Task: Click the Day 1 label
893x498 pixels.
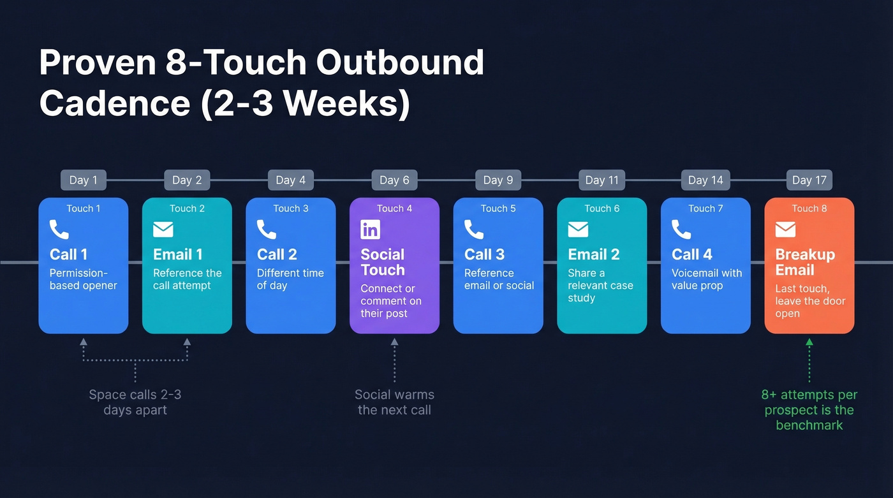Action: (83, 180)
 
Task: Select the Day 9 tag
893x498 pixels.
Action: (498, 180)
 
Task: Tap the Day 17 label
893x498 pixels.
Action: (809, 180)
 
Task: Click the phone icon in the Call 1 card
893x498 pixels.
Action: (59, 230)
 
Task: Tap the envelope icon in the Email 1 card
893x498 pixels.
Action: (163, 230)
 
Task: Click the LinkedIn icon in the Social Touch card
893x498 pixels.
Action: (370, 230)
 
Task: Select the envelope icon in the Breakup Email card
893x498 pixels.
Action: (785, 230)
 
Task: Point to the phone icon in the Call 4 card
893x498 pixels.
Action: (681, 230)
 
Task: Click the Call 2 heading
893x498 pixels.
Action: (277, 254)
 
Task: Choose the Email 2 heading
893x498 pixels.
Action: (593, 254)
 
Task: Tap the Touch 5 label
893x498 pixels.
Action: (498, 209)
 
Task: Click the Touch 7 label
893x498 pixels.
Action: (705, 209)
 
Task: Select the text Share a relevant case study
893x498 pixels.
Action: (600, 285)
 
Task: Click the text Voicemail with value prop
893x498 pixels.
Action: (706, 279)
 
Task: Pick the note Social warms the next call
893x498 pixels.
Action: (394, 402)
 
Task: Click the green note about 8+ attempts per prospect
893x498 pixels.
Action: (809, 410)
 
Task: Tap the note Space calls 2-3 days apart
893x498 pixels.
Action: (135, 402)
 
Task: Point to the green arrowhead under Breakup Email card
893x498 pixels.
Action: (809, 342)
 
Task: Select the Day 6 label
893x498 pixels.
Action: (394, 180)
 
